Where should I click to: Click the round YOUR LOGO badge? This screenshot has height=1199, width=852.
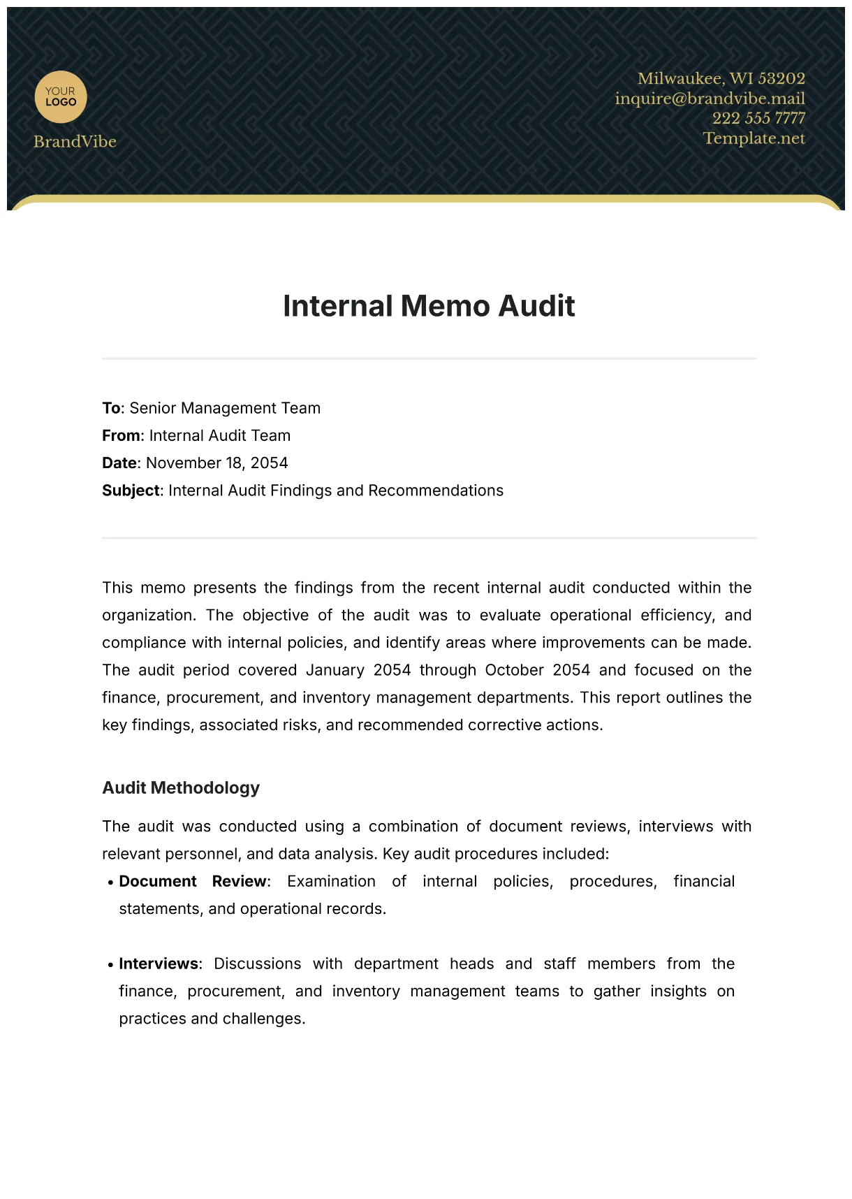pyautogui.click(x=61, y=97)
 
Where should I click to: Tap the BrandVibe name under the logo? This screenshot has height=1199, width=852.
pyautogui.click(x=75, y=142)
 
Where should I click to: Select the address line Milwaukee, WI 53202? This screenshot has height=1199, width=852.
pyautogui.click(x=721, y=78)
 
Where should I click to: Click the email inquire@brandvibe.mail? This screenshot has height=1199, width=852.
pyautogui.click(x=710, y=99)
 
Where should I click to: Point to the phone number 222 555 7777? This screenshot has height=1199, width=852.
pyautogui.click(x=758, y=118)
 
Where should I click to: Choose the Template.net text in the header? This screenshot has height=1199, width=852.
pyautogui.click(x=754, y=138)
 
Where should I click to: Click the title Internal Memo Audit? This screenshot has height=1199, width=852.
pyautogui.click(x=429, y=306)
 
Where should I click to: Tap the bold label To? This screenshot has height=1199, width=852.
pyautogui.click(x=111, y=408)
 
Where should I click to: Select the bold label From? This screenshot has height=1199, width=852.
pyautogui.click(x=121, y=435)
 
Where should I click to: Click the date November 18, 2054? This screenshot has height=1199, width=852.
pyautogui.click(x=216, y=463)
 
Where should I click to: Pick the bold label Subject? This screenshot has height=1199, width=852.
pyautogui.click(x=131, y=490)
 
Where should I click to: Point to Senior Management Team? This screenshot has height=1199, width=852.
pyautogui.click(x=225, y=408)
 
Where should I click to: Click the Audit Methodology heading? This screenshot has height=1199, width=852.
pyautogui.click(x=181, y=787)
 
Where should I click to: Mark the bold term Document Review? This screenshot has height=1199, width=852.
pyautogui.click(x=193, y=881)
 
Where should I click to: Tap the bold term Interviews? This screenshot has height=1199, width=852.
pyautogui.click(x=159, y=964)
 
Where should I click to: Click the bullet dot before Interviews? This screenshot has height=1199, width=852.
pyautogui.click(x=110, y=965)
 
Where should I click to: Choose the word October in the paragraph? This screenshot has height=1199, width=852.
pyautogui.click(x=514, y=670)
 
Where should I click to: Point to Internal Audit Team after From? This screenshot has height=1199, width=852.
pyautogui.click(x=219, y=435)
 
